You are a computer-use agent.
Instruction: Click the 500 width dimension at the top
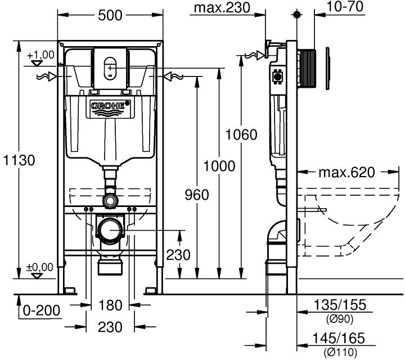tap(110, 15)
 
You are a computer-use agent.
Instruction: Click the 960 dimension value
tap(196, 195)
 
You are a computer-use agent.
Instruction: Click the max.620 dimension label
tap(346, 172)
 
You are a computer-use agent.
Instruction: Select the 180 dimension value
tap(110, 305)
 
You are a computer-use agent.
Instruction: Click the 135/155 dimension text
tap(340, 305)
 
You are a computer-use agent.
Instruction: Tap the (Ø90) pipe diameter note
tap(340, 319)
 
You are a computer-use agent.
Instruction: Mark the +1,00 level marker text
tap(40, 55)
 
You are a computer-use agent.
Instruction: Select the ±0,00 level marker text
tap(40, 267)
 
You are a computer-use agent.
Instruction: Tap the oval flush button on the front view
tap(110, 70)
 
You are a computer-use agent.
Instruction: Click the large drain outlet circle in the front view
tap(110, 230)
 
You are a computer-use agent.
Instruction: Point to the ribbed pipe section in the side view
tap(309, 69)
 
